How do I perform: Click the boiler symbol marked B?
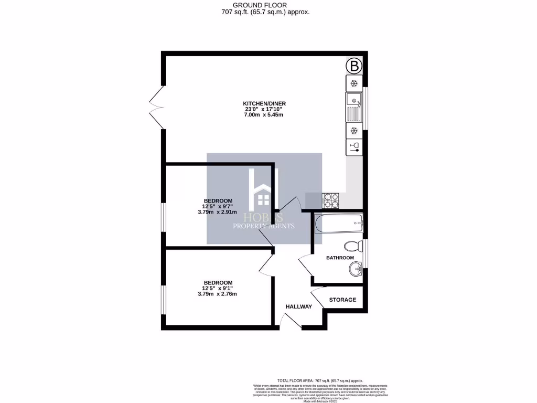[354, 66]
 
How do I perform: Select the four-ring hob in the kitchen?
[331, 199]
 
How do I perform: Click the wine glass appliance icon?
[354, 146]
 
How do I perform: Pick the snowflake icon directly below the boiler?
[354, 83]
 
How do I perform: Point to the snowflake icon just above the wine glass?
[354, 130]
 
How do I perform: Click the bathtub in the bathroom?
[338, 225]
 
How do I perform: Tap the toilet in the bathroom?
[353, 246]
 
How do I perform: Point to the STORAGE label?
[342, 300]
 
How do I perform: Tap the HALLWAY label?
[298, 306]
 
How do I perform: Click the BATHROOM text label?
[340, 258]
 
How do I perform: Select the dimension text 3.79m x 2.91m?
[217, 213]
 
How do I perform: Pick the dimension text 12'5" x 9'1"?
[217, 288]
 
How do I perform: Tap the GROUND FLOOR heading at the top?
[268, 5]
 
